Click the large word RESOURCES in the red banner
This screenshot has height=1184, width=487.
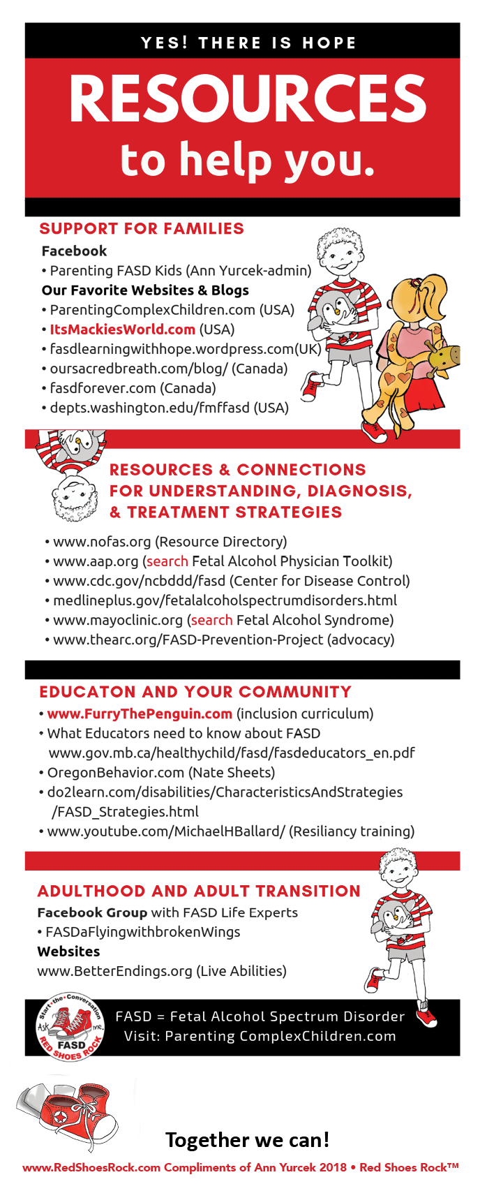coord(248,98)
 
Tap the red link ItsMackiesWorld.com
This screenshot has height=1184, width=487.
coord(122,330)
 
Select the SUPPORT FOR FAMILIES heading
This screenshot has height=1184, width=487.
coord(142,229)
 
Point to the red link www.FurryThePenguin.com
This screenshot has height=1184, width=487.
coord(140,713)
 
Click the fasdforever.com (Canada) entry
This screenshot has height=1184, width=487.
coord(133,388)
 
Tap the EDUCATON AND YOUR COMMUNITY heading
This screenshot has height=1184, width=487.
coord(195,693)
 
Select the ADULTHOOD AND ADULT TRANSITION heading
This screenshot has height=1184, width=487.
coord(199,891)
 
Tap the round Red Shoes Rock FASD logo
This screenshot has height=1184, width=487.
coord(70,1027)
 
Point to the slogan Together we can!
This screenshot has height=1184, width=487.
coord(247,1140)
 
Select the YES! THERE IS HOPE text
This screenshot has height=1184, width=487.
coord(248,43)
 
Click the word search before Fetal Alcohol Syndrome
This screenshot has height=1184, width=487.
coord(211,620)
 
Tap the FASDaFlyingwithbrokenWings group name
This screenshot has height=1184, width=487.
coord(142,932)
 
